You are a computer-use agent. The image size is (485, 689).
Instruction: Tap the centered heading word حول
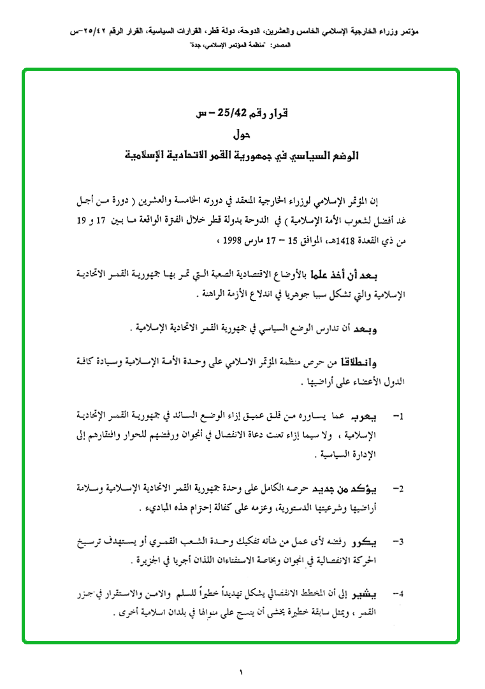[242, 135]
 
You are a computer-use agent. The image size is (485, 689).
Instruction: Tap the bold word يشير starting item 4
[369, 595]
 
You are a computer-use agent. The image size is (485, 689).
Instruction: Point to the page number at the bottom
[242, 671]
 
